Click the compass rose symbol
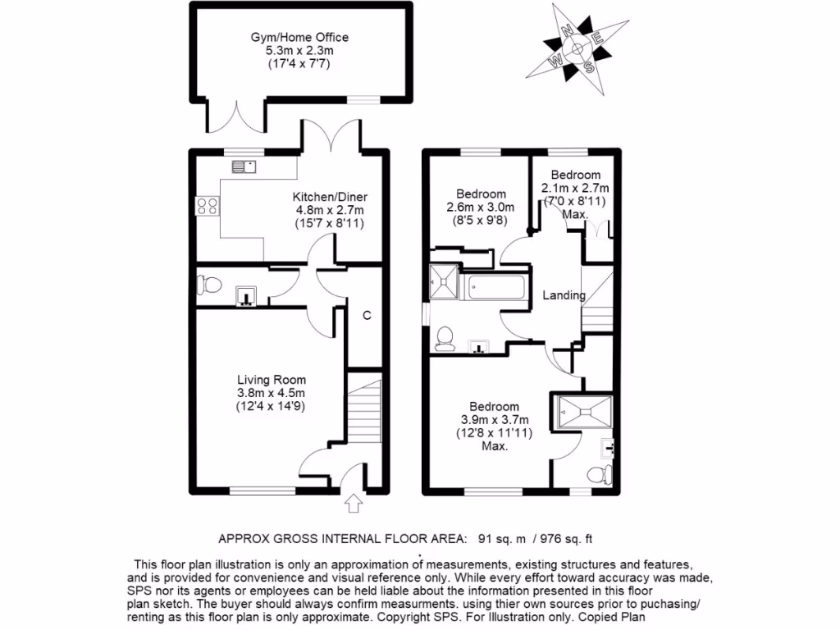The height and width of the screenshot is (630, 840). pyautogui.click(x=578, y=48)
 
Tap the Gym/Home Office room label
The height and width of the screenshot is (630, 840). pyautogui.click(x=299, y=38)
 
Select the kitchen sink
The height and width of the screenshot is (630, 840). pyautogui.click(x=244, y=167)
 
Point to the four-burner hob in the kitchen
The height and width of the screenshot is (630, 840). pyautogui.click(x=208, y=206)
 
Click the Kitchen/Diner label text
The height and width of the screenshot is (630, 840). pyautogui.click(x=330, y=197)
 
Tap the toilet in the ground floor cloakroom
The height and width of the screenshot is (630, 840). pyautogui.click(x=209, y=286)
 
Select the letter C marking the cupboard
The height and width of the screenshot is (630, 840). pyautogui.click(x=367, y=315)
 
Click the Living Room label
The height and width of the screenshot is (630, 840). pyautogui.click(x=272, y=380)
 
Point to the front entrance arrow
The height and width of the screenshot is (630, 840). pyautogui.click(x=354, y=503)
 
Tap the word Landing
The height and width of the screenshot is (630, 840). pyautogui.click(x=564, y=295)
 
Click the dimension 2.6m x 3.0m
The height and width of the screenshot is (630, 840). pyautogui.click(x=480, y=208)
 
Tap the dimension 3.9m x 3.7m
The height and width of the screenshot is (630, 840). pyautogui.click(x=494, y=420)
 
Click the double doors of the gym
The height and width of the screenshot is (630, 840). pyautogui.click(x=238, y=116)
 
